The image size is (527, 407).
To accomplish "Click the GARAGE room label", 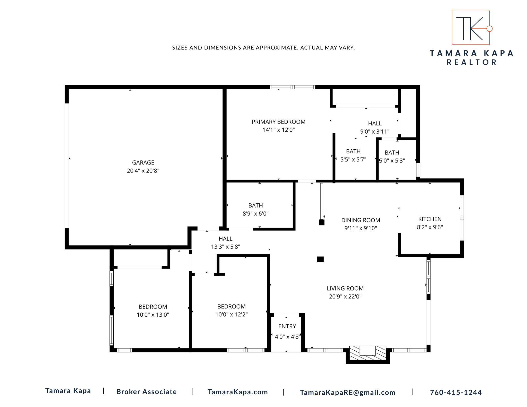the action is click(x=143, y=163).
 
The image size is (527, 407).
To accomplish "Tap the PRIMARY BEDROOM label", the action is click(x=279, y=122).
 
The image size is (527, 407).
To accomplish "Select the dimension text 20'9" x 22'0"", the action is click(x=345, y=296).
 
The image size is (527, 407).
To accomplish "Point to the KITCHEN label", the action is click(x=430, y=219).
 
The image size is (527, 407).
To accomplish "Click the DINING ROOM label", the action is click(x=361, y=220).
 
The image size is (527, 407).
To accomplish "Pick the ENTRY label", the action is click(x=287, y=326).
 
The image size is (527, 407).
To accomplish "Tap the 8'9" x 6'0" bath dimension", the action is click(x=255, y=214).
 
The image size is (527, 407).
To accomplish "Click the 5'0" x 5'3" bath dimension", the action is click(x=392, y=160).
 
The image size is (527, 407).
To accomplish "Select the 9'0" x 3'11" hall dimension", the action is click(x=375, y=131).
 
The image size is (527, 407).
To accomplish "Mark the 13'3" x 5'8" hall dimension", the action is click(x=225, y=247).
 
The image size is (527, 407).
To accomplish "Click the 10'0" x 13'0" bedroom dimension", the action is click(x=153, y=315).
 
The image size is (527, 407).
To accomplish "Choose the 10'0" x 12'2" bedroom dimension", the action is click(x=231, y=315).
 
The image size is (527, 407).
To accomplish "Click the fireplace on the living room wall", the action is click(x=368, y=354).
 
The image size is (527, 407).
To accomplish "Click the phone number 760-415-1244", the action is click(x=456, y=393).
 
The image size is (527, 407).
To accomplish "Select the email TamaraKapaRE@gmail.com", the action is click(x=347, y=393).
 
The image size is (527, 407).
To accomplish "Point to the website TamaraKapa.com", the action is click(x=238, y=392).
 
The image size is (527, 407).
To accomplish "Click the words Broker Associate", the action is click(x=146, y=392).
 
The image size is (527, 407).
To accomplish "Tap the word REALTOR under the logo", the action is click(x=472, y=62).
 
